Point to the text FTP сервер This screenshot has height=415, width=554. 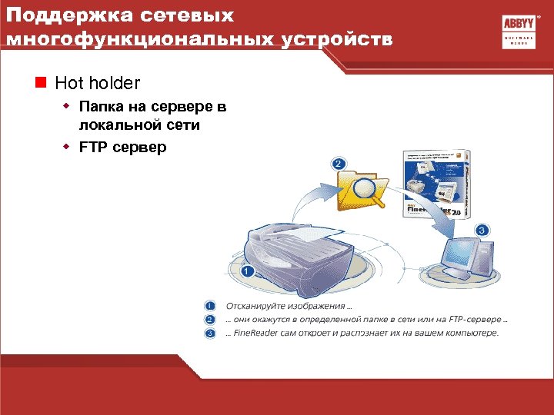click(122, 146)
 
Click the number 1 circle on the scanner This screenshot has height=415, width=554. click(246, 271)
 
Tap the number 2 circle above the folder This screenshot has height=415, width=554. click(339, 164)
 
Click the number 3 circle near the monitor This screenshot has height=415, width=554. click(482, 230)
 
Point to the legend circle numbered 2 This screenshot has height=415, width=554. click(210, 320)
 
